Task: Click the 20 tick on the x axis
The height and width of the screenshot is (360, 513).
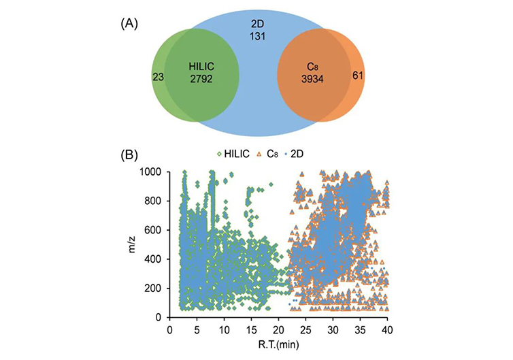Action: [x=278, y=329]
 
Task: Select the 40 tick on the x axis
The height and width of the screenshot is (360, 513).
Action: [x=387, y=329]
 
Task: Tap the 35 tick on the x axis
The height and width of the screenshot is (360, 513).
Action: [x=360, y=329]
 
